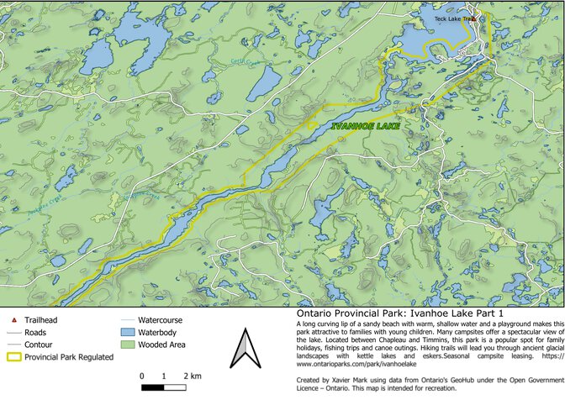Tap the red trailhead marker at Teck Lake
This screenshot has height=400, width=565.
tap(473, 18)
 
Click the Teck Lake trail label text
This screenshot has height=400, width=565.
tap(451, 18)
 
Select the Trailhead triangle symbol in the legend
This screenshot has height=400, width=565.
tap(14, 320)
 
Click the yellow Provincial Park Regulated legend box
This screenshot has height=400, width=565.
tap(13, 357)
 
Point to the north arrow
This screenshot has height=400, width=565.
tap(242, 349)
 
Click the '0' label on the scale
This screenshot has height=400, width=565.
tap(142, 376)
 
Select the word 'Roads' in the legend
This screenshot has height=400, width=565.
tap(36, 333)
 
